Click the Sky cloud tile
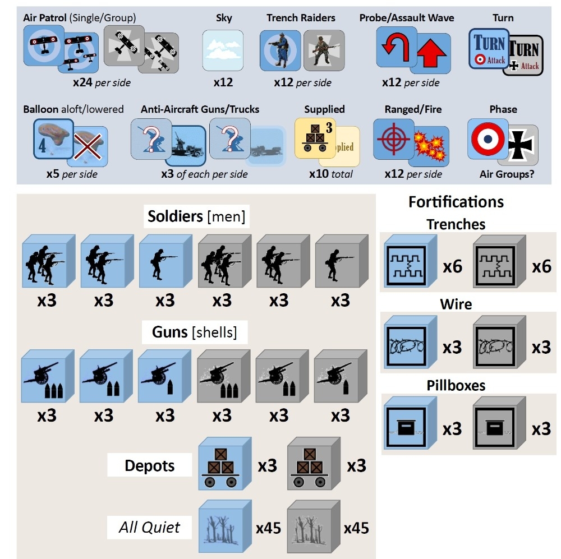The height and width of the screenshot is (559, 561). [x=223, y=50]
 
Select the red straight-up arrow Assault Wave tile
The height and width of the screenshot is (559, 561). [x=430, y=54]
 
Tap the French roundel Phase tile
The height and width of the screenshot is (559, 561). [x=488, y=138]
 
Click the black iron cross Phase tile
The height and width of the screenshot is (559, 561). [x=518, y=146]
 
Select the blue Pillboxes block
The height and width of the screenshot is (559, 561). [x=409, y=425]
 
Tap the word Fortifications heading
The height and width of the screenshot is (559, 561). [x=456, y=201]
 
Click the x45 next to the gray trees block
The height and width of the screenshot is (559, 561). [x=356, y=528]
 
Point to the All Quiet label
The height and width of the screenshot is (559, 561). [x=150, y=527]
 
